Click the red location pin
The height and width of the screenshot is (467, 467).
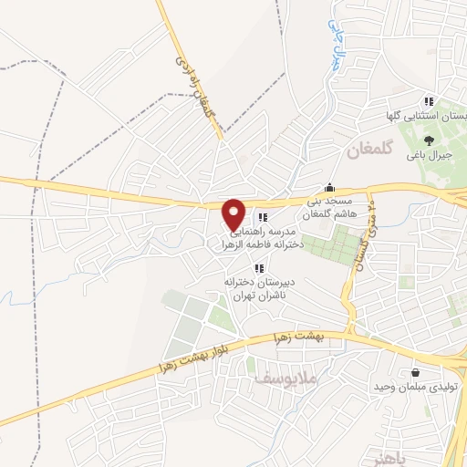(234, 214)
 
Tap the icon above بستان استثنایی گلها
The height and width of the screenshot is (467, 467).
(427, 100)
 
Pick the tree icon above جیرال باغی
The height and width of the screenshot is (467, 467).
(429, 141)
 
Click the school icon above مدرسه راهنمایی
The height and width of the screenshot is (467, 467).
(263, 217)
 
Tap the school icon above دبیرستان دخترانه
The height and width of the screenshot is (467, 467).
(259, 268)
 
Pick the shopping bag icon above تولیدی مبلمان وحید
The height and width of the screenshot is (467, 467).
(416, 372)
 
